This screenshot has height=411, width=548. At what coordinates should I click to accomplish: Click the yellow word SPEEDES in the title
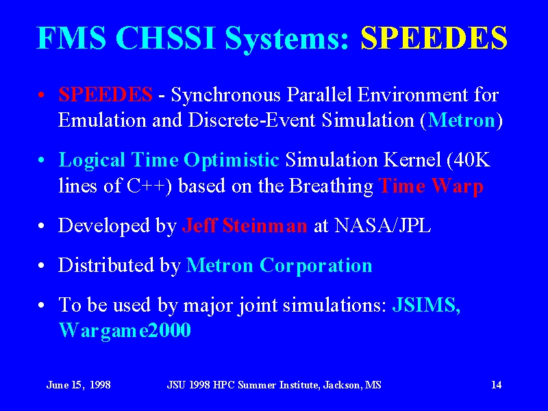pyautogui.click(x=434, y=38)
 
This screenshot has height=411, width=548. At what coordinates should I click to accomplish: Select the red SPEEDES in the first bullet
pyautogui.click(x=105, y=95)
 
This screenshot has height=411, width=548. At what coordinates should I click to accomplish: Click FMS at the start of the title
pyautogui.click(x=72, y=38)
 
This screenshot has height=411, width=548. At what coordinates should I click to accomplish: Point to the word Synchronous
pyautogui.click(x=226, y=95)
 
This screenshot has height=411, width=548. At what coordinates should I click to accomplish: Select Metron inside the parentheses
pyautogui.click(x=462, y=121)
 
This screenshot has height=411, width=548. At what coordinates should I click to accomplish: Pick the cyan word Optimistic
pyautogui.click(x=232, y=161)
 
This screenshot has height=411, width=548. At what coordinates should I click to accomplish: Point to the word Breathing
pyautogui.click(x=331, y=186)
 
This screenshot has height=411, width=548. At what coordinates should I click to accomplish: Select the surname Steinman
pyautogui.click(x=265, y=225)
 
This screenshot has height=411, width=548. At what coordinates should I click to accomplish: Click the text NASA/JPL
pyautogui.click(x=382, y=225)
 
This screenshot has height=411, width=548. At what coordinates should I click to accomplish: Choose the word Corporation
pyautogui.click(x=316, y=266)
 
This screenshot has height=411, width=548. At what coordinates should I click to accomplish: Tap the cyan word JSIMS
pyautogui.click(x=426, y=305)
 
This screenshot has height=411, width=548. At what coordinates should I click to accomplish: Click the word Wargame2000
pyautogui.click(x=125, y=331)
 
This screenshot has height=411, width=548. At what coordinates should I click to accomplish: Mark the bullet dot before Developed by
pyautogui.click(x=41, y=226)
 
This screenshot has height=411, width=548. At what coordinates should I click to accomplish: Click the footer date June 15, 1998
pyautogui.click(x=78, y=385)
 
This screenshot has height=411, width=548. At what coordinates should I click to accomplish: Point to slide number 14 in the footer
pyautogui.click(x=496, y=385)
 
